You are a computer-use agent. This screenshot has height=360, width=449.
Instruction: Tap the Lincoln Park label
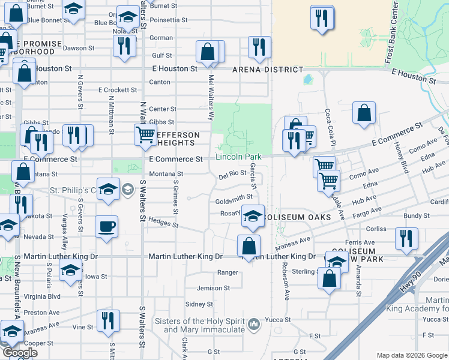(239, 157)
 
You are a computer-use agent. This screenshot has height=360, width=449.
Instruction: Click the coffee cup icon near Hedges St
(107, 227)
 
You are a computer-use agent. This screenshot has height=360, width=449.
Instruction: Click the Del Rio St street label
(233, 175)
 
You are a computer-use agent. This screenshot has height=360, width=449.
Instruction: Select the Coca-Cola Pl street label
(328, 122)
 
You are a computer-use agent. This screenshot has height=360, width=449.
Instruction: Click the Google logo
(20, 353)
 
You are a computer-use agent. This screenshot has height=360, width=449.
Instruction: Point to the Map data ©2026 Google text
(412, 355)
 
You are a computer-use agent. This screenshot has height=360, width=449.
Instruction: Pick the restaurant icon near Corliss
(406, 238)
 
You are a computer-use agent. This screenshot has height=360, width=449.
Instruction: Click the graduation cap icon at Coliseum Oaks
(253, 215)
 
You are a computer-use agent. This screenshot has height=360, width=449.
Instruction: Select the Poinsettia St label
(172, 20)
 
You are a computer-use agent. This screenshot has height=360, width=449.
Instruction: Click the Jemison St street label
(213, 288)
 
